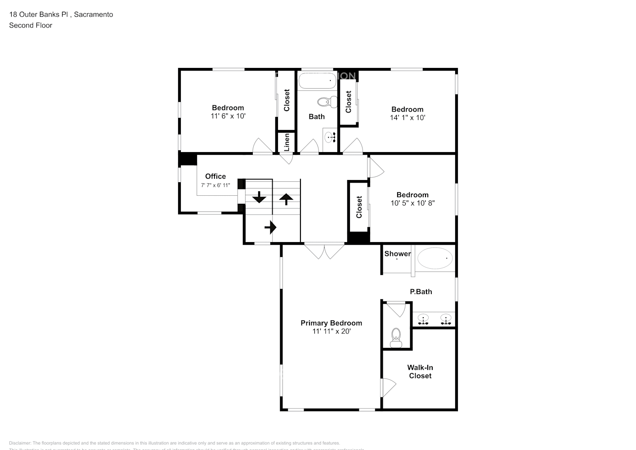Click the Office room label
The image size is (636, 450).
(x=215, y=176)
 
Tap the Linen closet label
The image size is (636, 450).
(x=287, y=143)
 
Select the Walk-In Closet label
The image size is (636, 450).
(x=420, y=372)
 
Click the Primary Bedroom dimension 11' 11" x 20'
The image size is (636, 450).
(x=331, y=331)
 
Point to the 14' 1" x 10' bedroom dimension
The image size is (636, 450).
(x=408, y=117)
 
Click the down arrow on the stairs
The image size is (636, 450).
(x=259, y=197)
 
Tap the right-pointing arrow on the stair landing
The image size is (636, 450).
(x=270, y=227)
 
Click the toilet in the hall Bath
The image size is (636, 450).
(x=327, y=102)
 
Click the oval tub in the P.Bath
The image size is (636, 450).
(x=435, y=258)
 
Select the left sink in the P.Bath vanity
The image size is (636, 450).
(x=423, y=319)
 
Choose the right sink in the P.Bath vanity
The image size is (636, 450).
(x=445, y=319)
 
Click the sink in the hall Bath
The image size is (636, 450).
(x=331, y=136)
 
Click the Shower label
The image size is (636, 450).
(x=397, y=254)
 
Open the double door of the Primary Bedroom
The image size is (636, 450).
(x=324, y=250)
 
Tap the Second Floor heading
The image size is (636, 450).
(x=31, y=25)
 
